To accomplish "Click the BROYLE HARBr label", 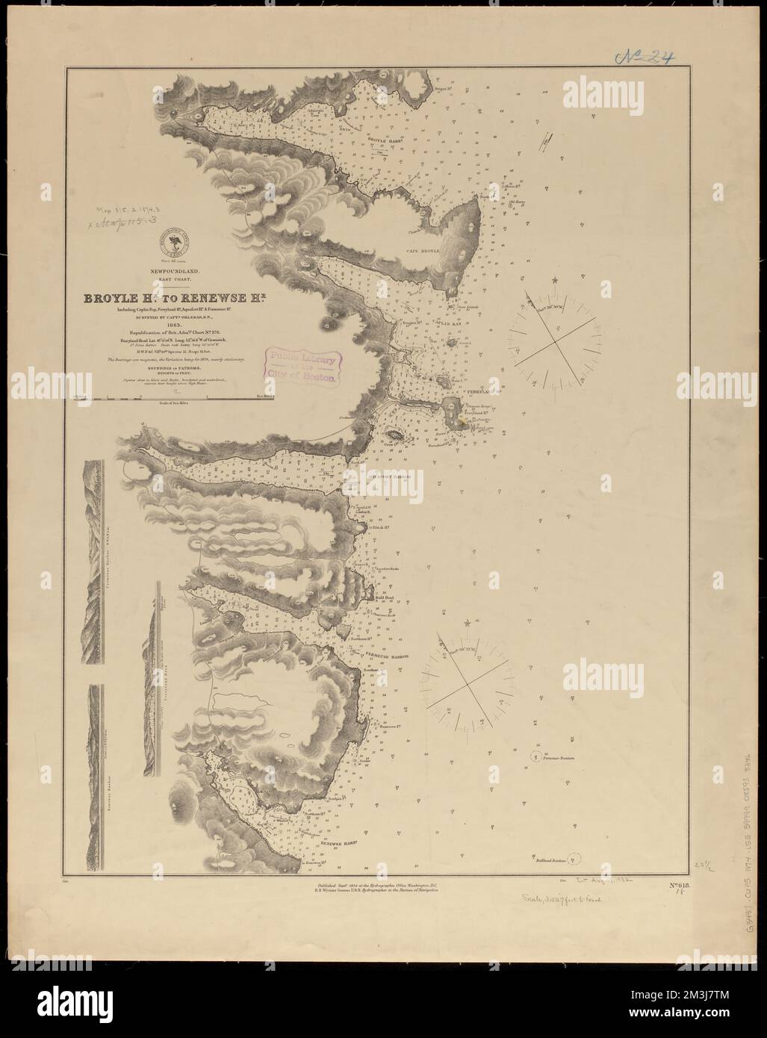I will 383,139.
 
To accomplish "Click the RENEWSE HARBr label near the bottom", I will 335,842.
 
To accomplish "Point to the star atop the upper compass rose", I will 555,281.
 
